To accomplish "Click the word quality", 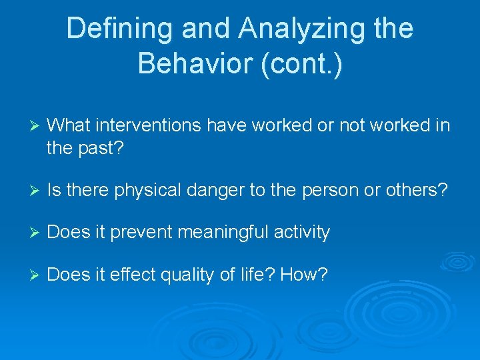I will click(x=191, y=274).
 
